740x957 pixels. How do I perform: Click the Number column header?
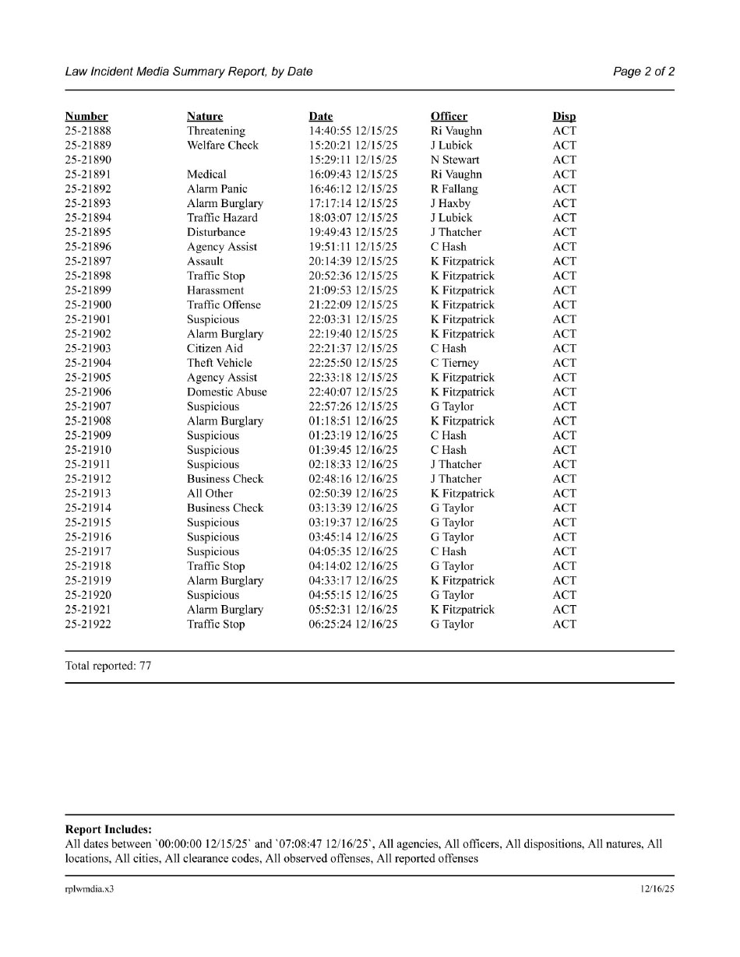(x=86, y=117)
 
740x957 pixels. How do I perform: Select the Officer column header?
(x=449, y=117)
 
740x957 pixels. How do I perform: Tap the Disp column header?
(x=564, y=117)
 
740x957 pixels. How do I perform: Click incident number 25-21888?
(x=87, y=131)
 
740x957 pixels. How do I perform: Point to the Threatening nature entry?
(x=216, y=131)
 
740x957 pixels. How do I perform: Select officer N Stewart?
(x=455, y=160)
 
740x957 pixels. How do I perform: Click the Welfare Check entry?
(x=222, y=146)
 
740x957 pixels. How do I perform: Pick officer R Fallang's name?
(x=454, y=189)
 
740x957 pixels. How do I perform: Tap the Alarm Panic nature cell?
(x=217, y=189)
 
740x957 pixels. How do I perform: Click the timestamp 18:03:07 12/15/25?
(x=353, y=218)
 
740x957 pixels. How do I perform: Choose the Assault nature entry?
(x=205, y=262)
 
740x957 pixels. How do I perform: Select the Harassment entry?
(x=215, y=290)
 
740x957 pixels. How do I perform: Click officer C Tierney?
(x=454, y=363)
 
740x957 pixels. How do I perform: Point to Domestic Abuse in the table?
(x=227, y=392)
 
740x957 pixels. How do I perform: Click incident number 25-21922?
(x=87, y=625)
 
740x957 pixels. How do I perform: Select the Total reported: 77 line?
(x=108, y=667)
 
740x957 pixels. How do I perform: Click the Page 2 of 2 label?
(x=643, y=72)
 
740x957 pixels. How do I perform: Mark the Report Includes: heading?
(x=108, y=830)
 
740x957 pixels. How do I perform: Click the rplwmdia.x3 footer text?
(x=89, y=889)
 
